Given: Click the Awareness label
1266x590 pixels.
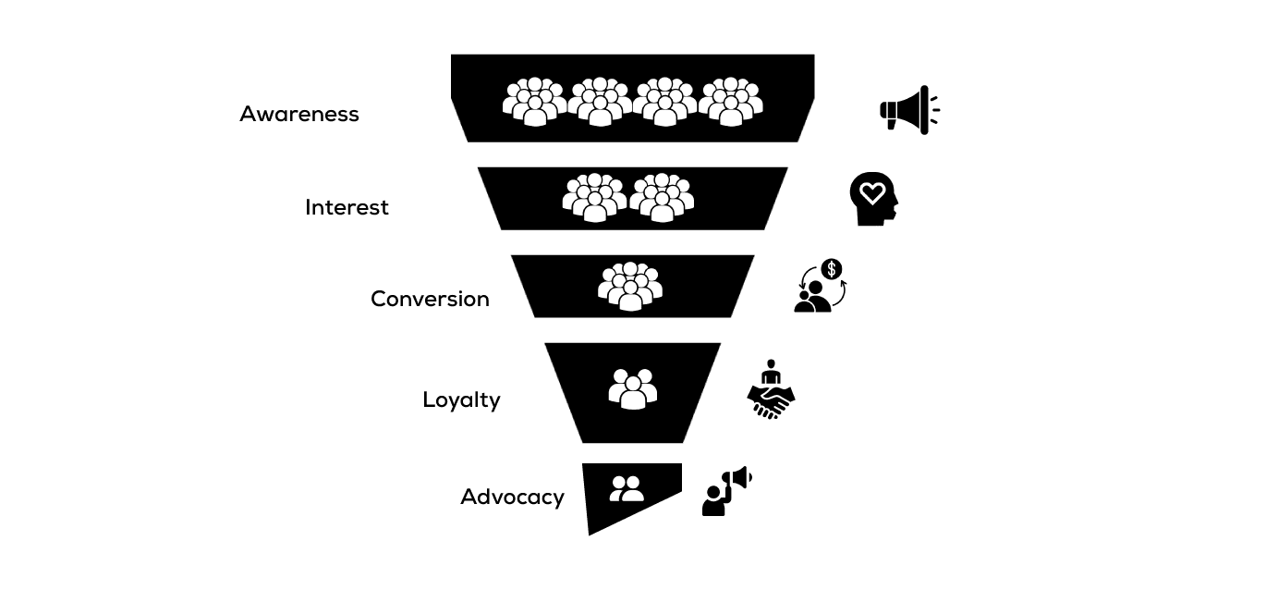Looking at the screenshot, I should tap(298, 114).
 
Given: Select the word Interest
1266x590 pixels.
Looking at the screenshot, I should tap(347, 207).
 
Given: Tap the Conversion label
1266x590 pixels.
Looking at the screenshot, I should tap(430, 299).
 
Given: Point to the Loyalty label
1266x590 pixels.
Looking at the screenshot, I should tap(461, 399).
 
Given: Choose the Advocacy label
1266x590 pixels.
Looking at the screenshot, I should tap(512, 497).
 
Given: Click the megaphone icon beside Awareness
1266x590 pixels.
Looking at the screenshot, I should tap(908, 111).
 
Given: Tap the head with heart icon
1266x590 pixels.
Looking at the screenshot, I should tap(873, 198).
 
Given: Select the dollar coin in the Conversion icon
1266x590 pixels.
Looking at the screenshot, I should tap(832, 269).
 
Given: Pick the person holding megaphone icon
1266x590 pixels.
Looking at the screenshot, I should tap(726, 490).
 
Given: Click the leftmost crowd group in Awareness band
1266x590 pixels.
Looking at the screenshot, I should tap(534, 101).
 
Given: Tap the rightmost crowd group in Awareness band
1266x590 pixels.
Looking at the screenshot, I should tap(730, 101).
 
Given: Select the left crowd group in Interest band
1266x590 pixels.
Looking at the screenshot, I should tap(594, 197).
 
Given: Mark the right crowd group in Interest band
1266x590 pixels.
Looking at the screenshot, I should tap(662, 197).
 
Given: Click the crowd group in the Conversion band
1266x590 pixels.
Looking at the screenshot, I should tap(630, 286).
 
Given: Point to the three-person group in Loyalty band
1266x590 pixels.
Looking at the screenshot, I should tap(633, 388).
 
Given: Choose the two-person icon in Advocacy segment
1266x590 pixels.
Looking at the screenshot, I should tap(627, 488).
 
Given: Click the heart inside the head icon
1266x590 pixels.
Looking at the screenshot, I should tap(871, 193).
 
